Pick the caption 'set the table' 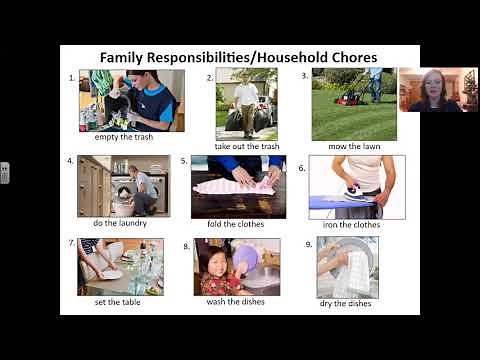115,301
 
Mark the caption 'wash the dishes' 236,302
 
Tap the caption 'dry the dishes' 347,302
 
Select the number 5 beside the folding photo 184,160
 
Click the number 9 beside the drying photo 309,244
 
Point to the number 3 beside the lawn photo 304,75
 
